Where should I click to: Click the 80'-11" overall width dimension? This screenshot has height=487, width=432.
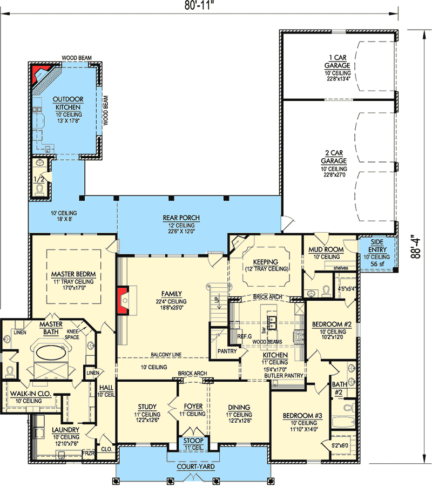pos(199,5)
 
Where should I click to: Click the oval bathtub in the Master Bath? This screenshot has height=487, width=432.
pos(51,353)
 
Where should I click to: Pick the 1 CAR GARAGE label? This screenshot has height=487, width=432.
pos(337,62)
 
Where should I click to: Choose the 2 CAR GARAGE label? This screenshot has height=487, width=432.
pos(334,157)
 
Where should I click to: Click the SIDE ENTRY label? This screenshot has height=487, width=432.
pos(377,246)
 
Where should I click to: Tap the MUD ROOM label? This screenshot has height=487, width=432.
pos(326,249)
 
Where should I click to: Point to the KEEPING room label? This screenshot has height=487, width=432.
pos(266,262)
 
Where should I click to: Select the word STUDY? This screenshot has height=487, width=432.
pos(147,407)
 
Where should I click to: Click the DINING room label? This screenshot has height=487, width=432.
pos(239,407)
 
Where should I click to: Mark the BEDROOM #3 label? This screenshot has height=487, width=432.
pos(302,416)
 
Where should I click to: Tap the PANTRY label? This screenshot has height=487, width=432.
pos(227,351)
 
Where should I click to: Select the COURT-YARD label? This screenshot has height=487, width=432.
pos(195,466)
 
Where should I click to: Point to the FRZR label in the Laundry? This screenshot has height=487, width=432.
pos(88,453)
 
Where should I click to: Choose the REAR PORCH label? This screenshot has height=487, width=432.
pos(181,218)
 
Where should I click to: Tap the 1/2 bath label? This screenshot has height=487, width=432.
pos(39,179)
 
